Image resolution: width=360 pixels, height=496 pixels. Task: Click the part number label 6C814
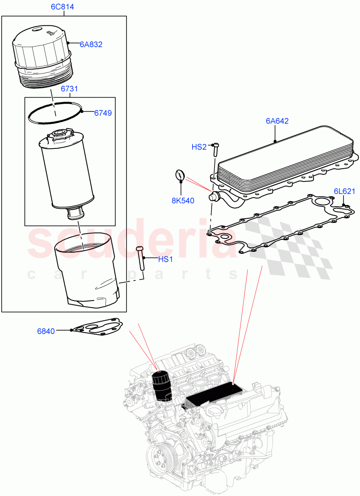64,7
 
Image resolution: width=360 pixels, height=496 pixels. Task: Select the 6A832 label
91,44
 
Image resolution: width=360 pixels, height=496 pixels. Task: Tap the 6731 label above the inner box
69,89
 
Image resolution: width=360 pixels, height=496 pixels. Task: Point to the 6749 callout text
103,112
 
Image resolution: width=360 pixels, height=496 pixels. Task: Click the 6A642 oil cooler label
277,121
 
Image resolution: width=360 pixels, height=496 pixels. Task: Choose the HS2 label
199,147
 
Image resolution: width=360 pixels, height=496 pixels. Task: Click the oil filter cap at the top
42,55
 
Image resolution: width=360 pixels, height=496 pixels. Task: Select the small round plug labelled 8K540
179,175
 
